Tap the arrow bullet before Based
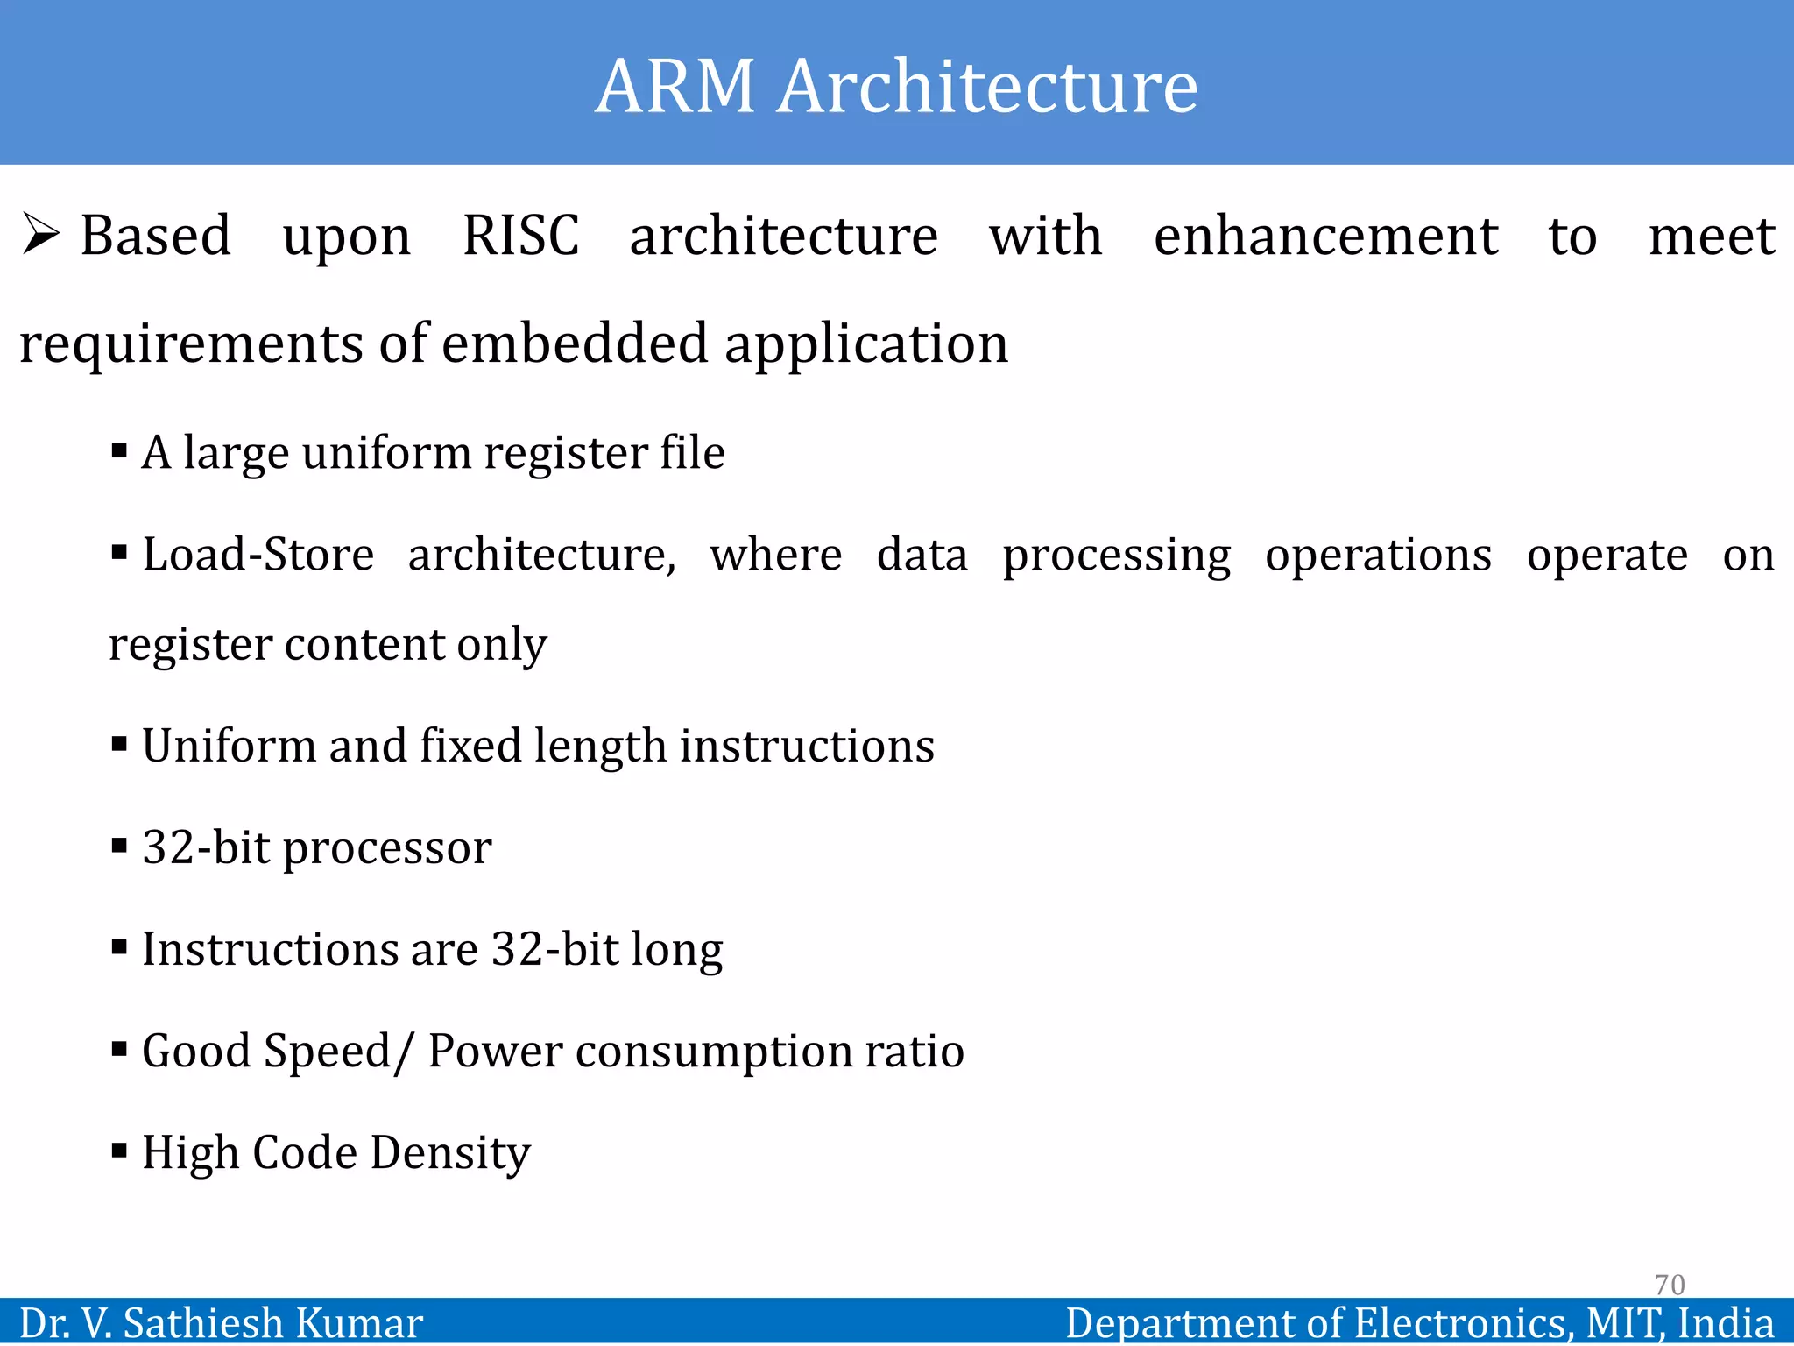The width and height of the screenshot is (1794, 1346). coord(41,234)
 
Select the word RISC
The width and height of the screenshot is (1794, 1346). coord(520,236)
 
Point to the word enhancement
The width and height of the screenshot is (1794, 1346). coord(1325,236)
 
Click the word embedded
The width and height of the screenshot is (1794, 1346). coord(574,343)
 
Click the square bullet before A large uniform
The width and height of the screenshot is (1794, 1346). coord(120,452)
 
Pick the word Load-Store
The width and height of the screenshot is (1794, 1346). coord(258,555)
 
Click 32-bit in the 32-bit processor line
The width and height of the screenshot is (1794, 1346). coord(206,847)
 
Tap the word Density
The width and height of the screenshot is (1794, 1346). coord(450,1153)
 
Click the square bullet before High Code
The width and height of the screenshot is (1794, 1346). coord(120,1151)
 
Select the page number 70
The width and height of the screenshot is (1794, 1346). coord(1669,1285)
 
